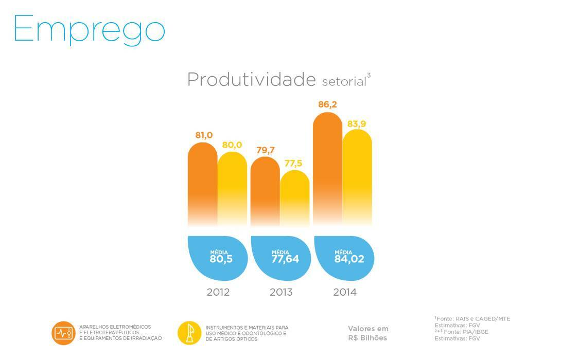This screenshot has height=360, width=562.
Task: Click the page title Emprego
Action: coord(89,29)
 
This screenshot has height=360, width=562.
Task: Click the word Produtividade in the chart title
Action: coord(251,80)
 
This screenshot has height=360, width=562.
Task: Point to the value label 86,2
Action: coord(327,105)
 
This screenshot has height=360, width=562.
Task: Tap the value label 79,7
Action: coord(265,150)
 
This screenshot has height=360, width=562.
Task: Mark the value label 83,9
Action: coord(357,123)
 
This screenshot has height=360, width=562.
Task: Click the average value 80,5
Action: coord(221,259)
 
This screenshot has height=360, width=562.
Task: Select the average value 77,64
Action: coord(285,259)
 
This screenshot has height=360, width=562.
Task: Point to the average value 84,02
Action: coord(349,259)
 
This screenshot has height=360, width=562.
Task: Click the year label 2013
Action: coord(281,293)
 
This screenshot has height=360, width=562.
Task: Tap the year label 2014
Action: coord(345,293)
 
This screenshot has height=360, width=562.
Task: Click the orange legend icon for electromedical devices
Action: coord(63,333)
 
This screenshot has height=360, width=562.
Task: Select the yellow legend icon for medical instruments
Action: coord(189,333)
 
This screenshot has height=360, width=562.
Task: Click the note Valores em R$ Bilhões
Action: coord(368,333)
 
